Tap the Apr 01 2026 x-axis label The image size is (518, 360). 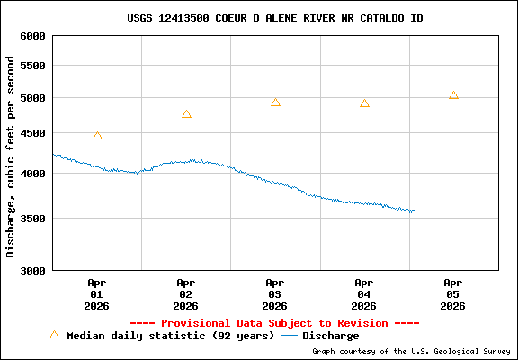click(x=97, y=293)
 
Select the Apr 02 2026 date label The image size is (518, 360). click(x=186, y=293)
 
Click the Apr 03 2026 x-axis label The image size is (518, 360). click(x=275, y=293)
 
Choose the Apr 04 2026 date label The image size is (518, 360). click(x=364, y=293)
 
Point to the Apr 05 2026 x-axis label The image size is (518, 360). click(x=453, y=293)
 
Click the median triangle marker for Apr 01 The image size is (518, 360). click(x=97, y=136)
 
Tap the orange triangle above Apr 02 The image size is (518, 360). click(x=186, y=114)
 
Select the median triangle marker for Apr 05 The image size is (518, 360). click(x=453, y=95)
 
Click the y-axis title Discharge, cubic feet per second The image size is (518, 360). click(x=11, y=156)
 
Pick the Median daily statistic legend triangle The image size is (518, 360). click(x=54, y=335)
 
